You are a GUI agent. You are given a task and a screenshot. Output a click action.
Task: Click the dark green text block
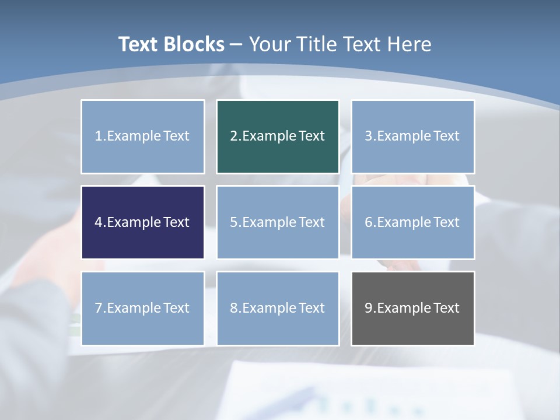tap(278, 136)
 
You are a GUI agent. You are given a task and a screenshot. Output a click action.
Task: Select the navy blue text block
tap(143, 222)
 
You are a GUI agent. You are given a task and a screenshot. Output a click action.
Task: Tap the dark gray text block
tap(412, 308)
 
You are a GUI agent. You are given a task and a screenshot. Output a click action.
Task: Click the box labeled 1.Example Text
tap(143, 136)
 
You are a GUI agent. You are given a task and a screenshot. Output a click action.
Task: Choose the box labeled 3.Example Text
tap(412, 136)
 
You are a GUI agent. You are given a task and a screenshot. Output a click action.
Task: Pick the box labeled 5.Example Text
tap(278, 222)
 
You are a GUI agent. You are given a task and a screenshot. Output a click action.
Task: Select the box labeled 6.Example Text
tap(412, 222)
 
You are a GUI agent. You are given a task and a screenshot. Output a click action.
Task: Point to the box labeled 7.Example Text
tap(143, 308)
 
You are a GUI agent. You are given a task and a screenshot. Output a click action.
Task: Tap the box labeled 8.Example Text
tap(278, 308)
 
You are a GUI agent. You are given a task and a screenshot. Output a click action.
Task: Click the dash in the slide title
tap(236, 44)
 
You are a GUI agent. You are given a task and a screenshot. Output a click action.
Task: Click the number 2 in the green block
tap(234, 136)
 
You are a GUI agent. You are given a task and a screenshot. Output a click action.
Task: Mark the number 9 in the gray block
tap(369, 308)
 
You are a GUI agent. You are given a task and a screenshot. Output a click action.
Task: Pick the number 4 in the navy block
tap(99, 222)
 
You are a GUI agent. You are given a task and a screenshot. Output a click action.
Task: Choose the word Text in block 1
tap(176, 136)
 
